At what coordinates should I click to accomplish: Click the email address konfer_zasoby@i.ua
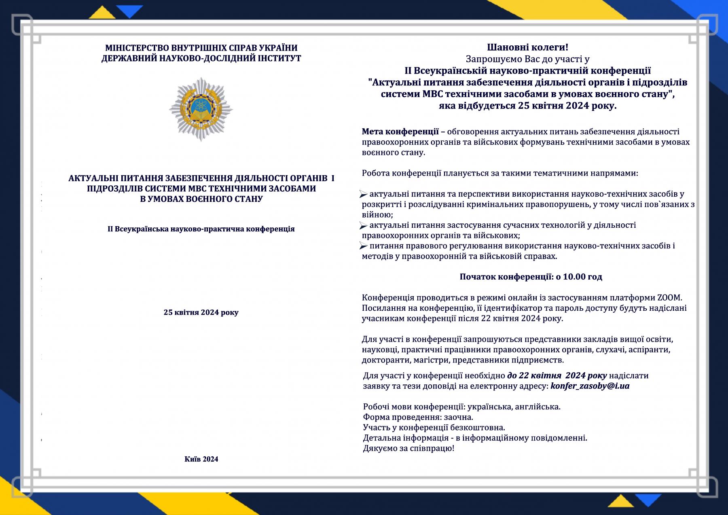590,386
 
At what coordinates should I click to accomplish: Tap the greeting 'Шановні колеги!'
527,48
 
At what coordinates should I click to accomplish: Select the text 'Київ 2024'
201,459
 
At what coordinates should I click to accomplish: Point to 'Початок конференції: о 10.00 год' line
531,277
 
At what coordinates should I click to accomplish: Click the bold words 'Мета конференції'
400,131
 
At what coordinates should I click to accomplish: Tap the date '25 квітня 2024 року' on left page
201,312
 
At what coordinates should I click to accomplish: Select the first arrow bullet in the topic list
363,195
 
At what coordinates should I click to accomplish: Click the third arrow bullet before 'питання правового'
363,245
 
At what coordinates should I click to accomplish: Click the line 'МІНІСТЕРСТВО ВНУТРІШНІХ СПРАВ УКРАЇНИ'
201,48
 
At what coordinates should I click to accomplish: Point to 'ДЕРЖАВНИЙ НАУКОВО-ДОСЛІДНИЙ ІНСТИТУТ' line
201,58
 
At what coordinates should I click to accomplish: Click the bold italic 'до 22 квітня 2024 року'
557,375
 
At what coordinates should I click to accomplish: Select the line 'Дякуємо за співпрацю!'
408,448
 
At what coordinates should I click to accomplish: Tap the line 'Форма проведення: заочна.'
418,417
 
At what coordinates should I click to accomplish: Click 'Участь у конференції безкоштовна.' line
434,427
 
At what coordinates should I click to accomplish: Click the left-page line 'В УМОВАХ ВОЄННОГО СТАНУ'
201,199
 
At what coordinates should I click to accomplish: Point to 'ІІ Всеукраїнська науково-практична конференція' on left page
201,229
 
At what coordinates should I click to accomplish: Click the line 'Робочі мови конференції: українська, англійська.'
461,407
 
